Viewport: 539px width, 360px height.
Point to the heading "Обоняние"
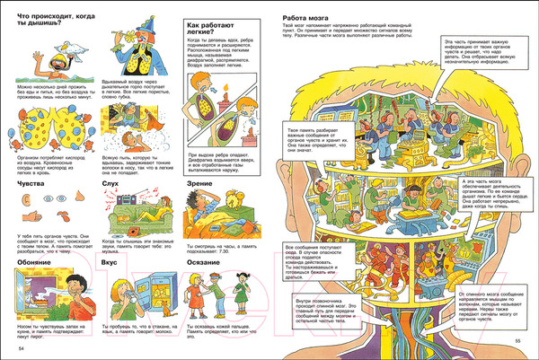tap(34, 262)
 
